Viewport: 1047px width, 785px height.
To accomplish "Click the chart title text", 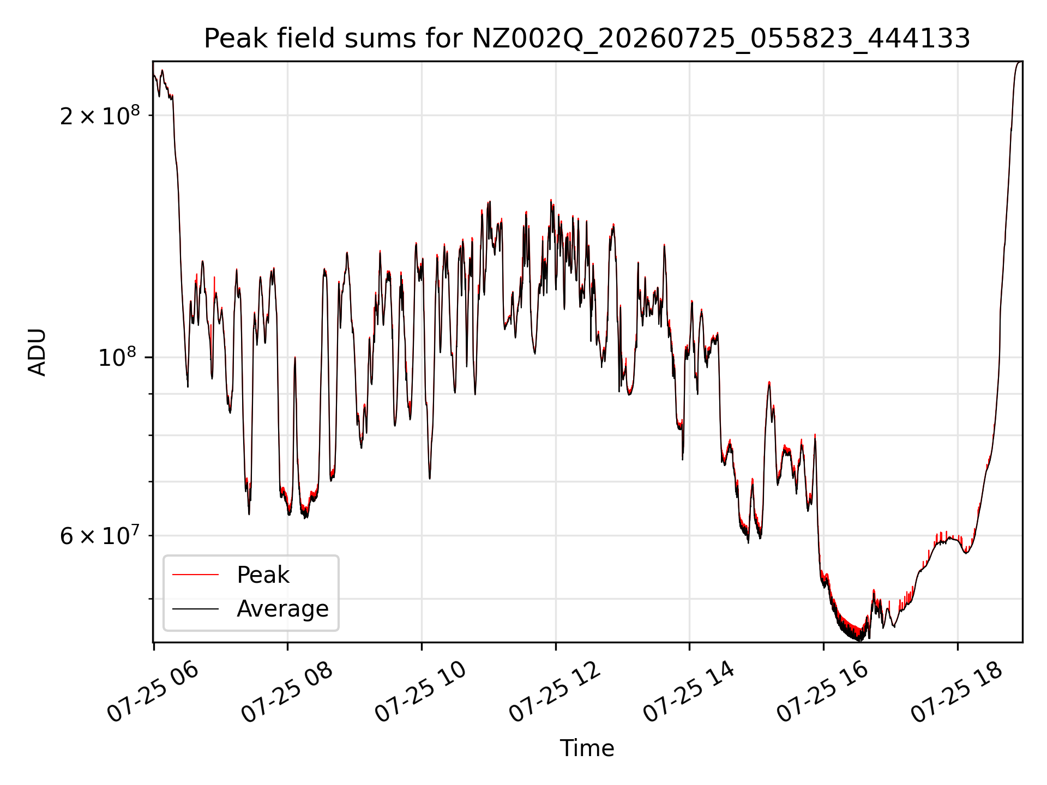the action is pyautogui.click(x=587, y=39).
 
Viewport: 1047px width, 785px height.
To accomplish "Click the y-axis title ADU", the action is pyautogui.click(x=37, y=352).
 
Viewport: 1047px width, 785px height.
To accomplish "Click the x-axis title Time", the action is pyautogui.click(x=587, y=748).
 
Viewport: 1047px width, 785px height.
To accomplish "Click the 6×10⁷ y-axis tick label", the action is pyautogui.click(x=100, y=535).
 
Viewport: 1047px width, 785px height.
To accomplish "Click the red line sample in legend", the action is pyautogui.click(x=195, y=575).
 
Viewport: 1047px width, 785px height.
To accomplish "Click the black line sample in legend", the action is pyautogui.click(x=195, y=609).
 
